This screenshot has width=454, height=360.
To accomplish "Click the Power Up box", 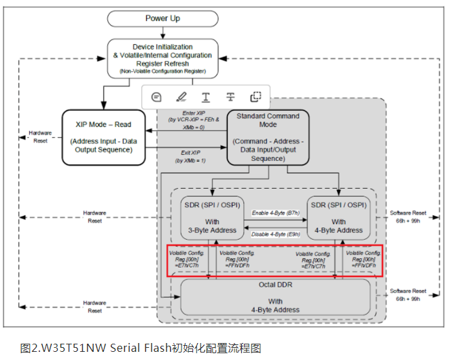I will (162, 18).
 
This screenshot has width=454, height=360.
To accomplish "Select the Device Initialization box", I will (162, 58).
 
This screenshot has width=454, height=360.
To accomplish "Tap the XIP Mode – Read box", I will (104, 137).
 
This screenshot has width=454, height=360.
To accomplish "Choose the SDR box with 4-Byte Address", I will (338, 217).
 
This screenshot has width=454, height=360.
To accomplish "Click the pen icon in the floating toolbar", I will (181, 96).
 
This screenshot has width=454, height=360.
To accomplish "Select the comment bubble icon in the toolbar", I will (156, 96).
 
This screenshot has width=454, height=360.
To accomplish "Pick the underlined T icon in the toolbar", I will (205, 96).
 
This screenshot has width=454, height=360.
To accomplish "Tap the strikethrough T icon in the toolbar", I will (230, 96).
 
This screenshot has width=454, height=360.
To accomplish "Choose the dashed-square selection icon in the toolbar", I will (256, 96).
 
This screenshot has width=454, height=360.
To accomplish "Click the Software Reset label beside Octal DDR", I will (408, 294).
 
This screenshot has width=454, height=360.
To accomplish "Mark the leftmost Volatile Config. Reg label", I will (183, 259).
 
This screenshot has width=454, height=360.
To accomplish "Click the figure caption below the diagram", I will (141, 348).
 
